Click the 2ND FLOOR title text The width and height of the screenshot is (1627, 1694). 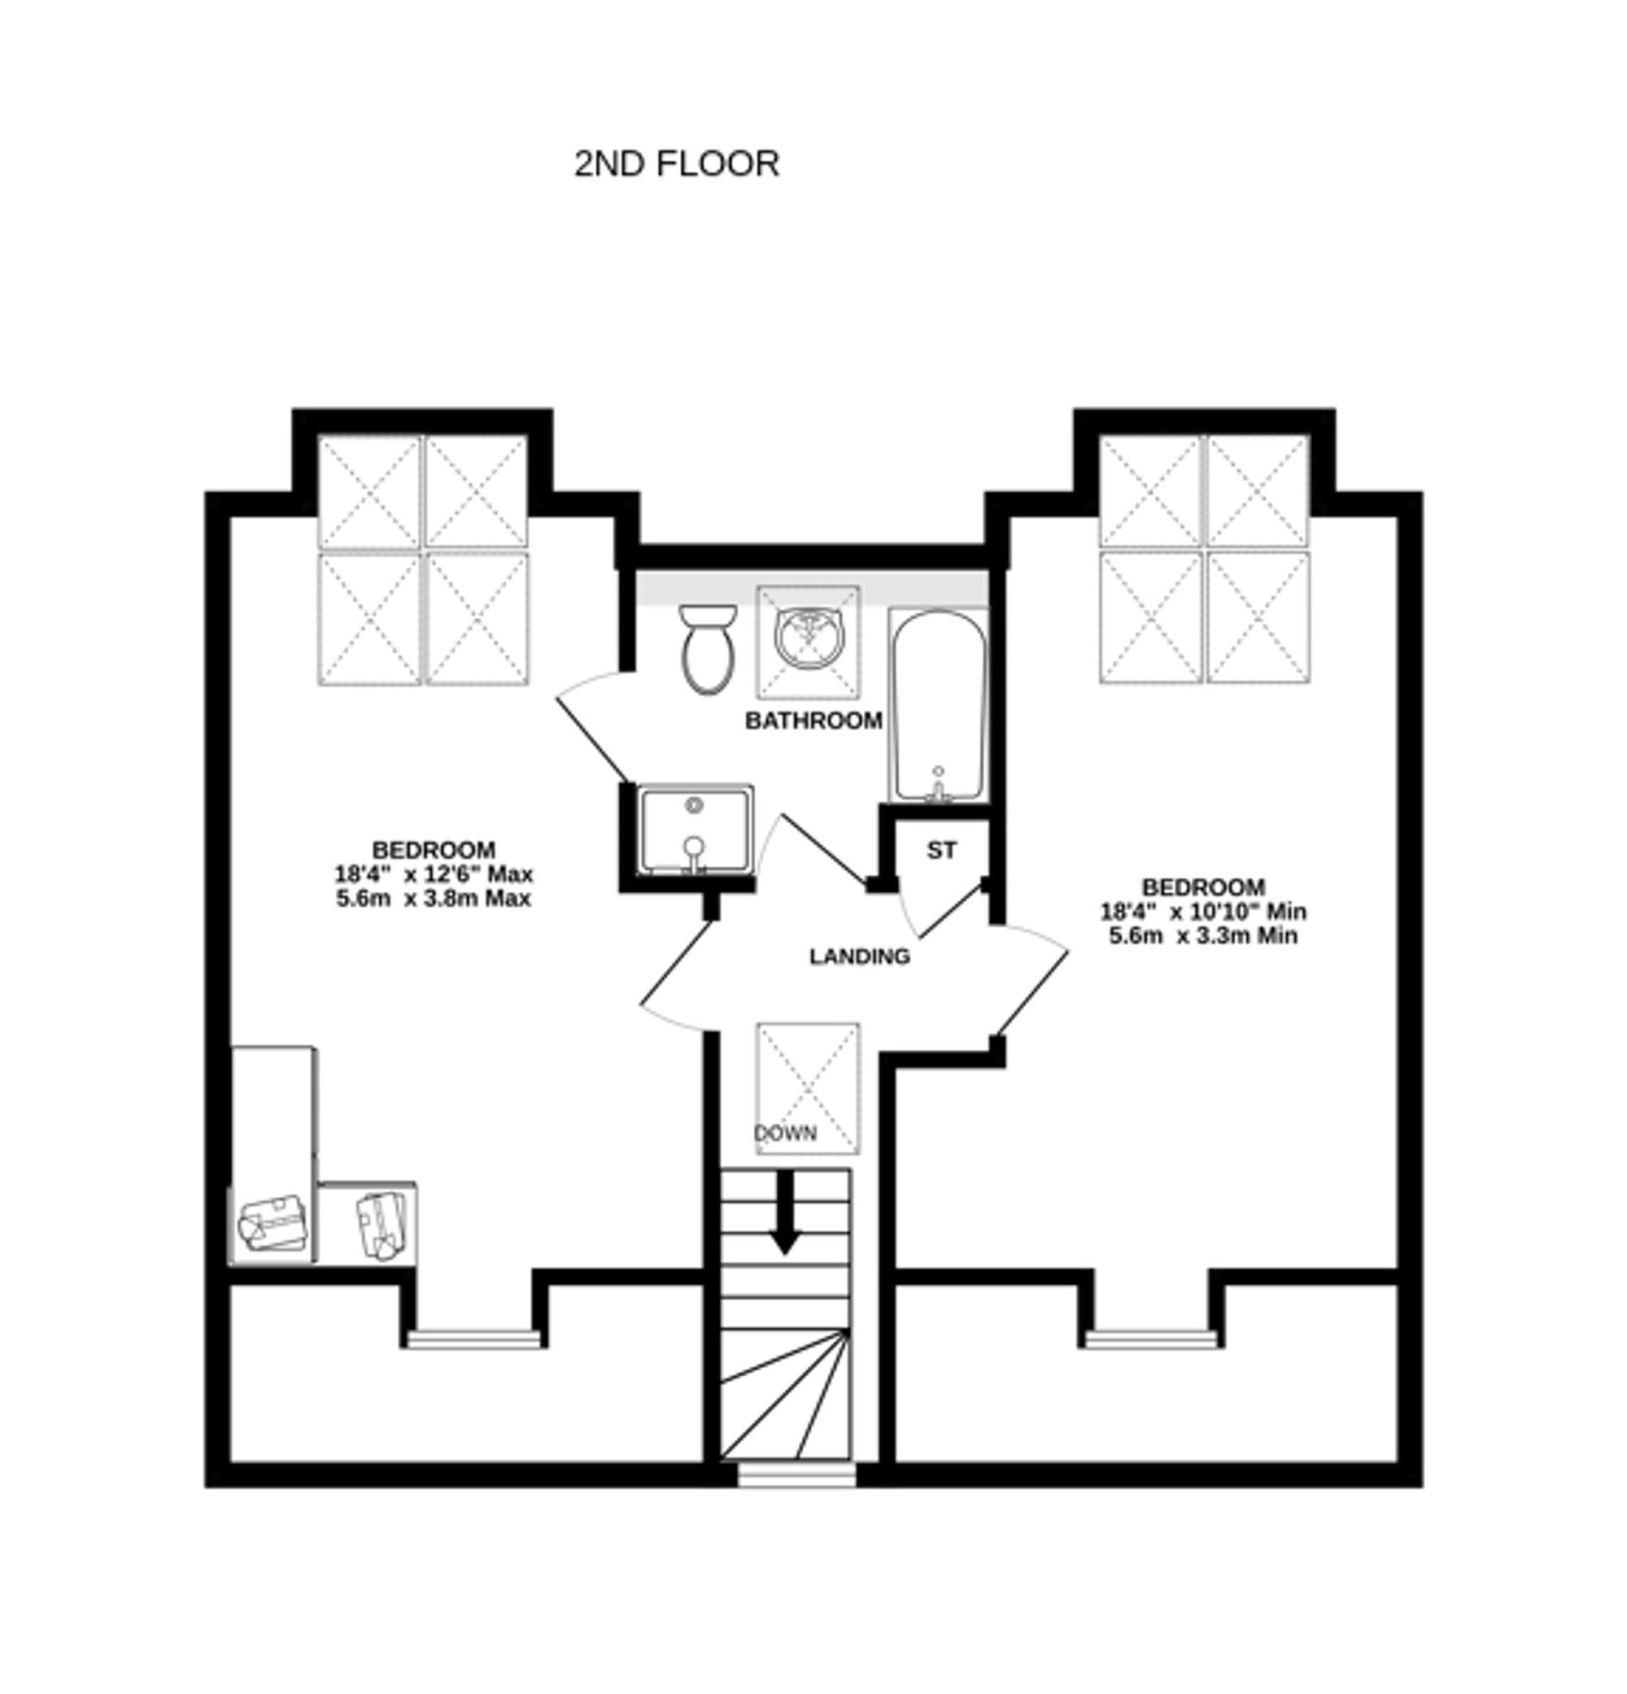[x=676, y=163]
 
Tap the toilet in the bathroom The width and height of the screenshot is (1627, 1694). [x=707, y=650]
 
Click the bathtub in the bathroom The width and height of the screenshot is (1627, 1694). [x=938, y=704]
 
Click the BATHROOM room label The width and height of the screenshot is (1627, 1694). [x=813, y=721]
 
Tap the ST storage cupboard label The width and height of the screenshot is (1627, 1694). [x=941, y=851]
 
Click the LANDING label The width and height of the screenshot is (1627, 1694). [x=859, y=956]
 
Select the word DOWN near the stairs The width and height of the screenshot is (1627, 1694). [x=785, y=1133]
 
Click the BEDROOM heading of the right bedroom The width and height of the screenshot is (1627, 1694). [x=1203, y=886]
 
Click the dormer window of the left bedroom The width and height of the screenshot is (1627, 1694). [x=473, y=1339]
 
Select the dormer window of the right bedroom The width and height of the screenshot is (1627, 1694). [x=1150, y=1339]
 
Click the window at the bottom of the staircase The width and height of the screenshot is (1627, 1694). [x=796, y=1474]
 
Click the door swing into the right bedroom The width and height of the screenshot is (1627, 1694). [x=1033, y=981]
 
